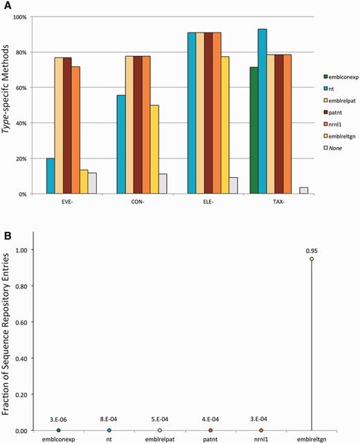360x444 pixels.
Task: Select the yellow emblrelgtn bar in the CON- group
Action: tap(153, 149)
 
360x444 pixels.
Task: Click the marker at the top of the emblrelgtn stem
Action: tap(312, 259)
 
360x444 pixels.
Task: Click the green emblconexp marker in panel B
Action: tap(58, 430)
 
